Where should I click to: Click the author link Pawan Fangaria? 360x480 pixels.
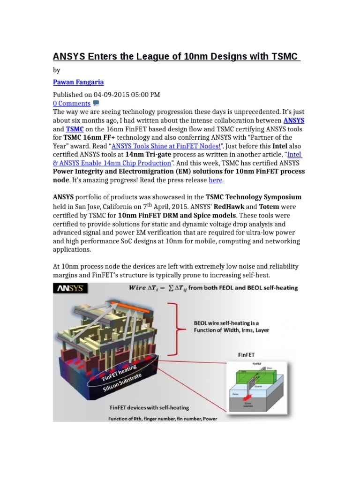(x=78, y=82)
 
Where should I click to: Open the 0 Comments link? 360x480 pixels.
(x=71, y=104)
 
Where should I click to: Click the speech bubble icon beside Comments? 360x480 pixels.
(x=96, y=103)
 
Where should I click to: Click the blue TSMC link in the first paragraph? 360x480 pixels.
(x=74, y=129)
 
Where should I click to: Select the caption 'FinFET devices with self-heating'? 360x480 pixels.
(x=149, y=407)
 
